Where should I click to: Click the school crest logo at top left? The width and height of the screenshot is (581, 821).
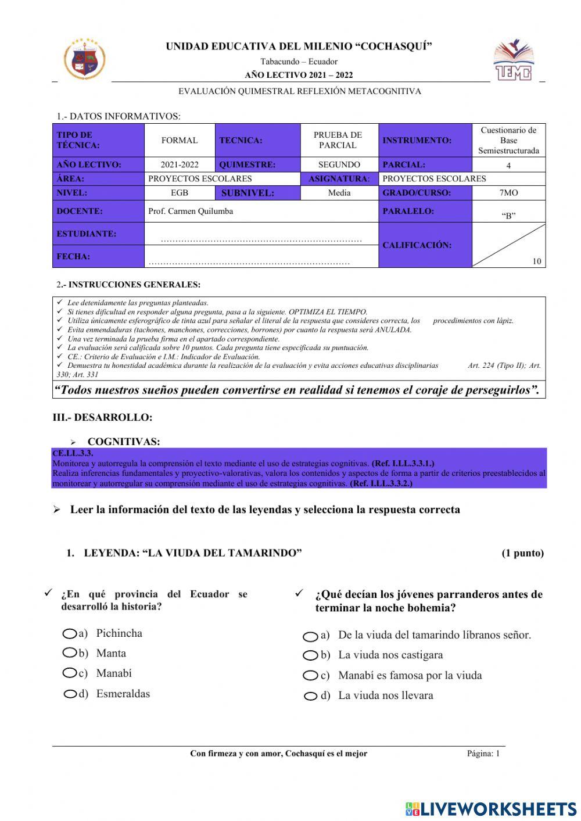85,59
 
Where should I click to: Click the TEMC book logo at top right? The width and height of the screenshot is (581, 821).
513,60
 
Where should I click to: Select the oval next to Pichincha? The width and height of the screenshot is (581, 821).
70,633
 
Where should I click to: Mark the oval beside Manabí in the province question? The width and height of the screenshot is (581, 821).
70,673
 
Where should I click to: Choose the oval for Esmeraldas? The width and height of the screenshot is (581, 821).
71,694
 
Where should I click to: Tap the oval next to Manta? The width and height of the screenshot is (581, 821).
70,653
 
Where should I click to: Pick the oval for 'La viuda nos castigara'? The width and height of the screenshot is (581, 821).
310,655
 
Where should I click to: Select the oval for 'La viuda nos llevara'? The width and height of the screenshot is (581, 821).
311,696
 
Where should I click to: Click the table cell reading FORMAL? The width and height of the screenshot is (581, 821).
180,140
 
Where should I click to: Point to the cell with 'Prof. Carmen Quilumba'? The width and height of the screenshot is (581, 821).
191,211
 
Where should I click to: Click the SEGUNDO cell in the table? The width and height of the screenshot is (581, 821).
339,164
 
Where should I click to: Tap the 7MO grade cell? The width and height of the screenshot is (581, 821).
508,192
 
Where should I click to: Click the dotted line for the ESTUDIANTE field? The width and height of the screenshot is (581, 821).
261,239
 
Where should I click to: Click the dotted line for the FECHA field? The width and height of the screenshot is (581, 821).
249,263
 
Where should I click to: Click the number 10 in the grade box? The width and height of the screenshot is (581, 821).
536,261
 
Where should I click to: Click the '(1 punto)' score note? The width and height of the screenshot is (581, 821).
522,553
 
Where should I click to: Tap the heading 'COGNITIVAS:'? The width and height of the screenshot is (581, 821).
124,442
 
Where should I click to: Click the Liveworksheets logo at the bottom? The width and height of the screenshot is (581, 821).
491,808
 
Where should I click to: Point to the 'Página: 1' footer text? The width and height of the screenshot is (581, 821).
483,754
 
